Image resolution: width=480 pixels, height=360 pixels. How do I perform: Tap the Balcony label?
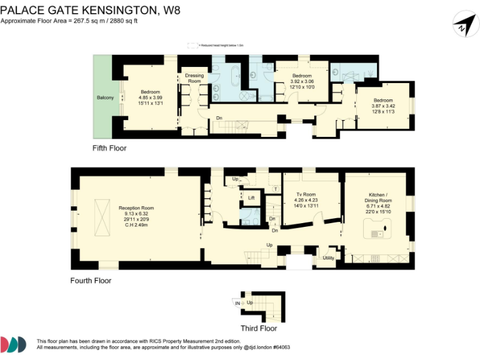[x=104, y=97]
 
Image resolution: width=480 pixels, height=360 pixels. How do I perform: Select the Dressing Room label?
[x=194, y=78]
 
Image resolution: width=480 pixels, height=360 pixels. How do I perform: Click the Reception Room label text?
[x=136, y=208]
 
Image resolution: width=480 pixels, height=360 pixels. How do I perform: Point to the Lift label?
[x=251, y=197]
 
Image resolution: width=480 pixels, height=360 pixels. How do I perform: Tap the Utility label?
[x=328, y=257]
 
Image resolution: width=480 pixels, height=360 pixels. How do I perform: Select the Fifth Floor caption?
[x=109, y=148]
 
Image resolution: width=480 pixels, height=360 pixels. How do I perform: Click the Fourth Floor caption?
[x=91, y=281]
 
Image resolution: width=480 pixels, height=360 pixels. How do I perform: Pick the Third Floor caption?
[x=259, y=328]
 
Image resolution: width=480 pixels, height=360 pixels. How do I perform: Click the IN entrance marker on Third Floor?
[x=237, y=303]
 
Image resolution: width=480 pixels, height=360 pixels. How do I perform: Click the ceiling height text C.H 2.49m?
[x=136, y=225]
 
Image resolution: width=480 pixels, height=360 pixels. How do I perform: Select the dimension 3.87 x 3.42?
[x=383, y=106]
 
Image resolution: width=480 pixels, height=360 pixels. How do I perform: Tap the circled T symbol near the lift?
[x=276, y=189]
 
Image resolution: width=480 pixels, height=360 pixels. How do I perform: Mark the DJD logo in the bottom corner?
[x=13, y=344]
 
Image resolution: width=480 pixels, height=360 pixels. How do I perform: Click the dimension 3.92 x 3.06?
[x=302, y=81]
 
